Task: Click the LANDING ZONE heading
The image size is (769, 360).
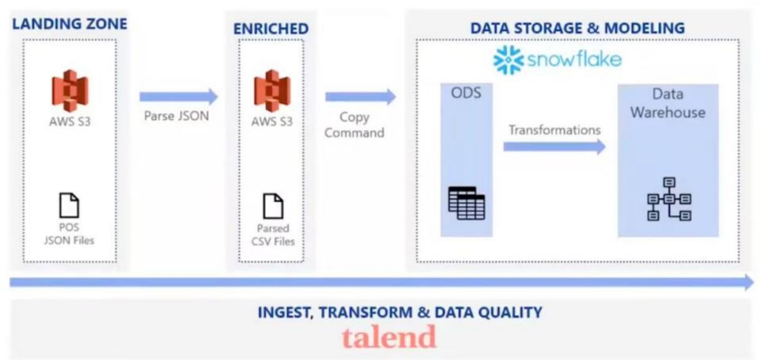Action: click(x=70, y=25)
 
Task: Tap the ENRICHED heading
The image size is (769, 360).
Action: click(x=270, y=29)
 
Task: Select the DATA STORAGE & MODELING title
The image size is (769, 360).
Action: click(x=577, y=28)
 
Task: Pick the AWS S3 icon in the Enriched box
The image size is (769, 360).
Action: click(x=272, y=91)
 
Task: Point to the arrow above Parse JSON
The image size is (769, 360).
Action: click(x=179, y=97)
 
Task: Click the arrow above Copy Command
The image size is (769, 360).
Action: click(x=361, y=97)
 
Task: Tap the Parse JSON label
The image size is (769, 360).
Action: click(x=176, y=116)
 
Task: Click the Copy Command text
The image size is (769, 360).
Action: click(x=354, y=125)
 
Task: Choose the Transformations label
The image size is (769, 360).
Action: click(x=555, y=130)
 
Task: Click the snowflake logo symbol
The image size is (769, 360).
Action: click(x=508, y=60)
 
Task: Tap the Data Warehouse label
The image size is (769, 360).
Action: click(x=667, y=103)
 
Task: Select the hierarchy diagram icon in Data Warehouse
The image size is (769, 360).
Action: click(x=669, y=199)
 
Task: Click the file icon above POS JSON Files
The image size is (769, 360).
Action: click(x=70, y=205)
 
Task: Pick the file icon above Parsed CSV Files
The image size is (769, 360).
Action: click(x=272, y=206)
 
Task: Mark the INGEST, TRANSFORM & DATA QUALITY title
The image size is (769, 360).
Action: click(x=400, y=312)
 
